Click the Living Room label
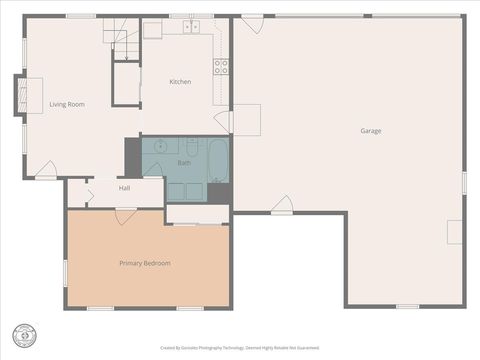point(66,104)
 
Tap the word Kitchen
point(180,82)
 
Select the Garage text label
point(371,131)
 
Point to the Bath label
point(184,162)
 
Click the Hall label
point(124,188)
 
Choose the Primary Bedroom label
point(145,263)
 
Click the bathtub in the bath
point(218,160)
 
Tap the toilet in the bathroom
point(192,147)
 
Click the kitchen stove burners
point(220,67)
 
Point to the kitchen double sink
point(191,27)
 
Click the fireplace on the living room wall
point(18,94)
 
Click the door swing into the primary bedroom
point(126,215)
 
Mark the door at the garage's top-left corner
point(252,23)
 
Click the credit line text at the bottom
point(240,349)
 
